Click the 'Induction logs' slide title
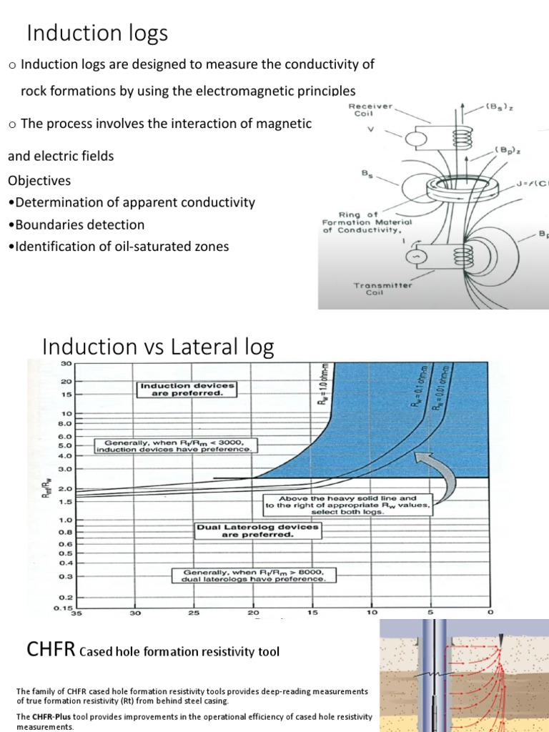(97, 33)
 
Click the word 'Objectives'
(39, 180)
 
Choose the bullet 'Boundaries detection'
(76, 224)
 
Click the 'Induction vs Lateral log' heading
(158, 347)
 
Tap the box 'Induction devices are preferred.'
(186, 390)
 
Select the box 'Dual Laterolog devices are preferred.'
(258, 530)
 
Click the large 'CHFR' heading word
(50, 650)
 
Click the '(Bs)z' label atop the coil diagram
(498, 106)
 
